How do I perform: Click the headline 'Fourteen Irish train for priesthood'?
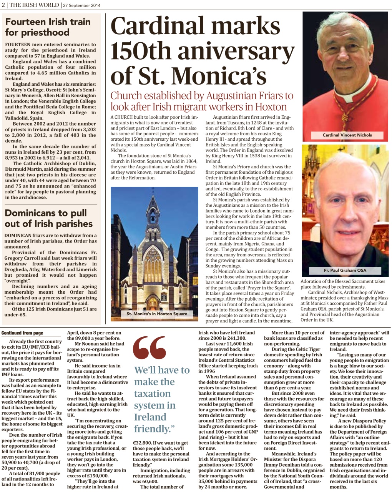click(48, 27)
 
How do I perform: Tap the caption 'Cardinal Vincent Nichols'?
click(347, 135)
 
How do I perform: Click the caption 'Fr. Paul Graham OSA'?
click(345, 270)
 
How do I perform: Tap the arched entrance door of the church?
click(153, 303)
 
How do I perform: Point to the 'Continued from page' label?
click(22, 333)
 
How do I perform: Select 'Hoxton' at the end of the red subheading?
click(271, 107)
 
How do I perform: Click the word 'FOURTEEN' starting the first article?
click(18, 45)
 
